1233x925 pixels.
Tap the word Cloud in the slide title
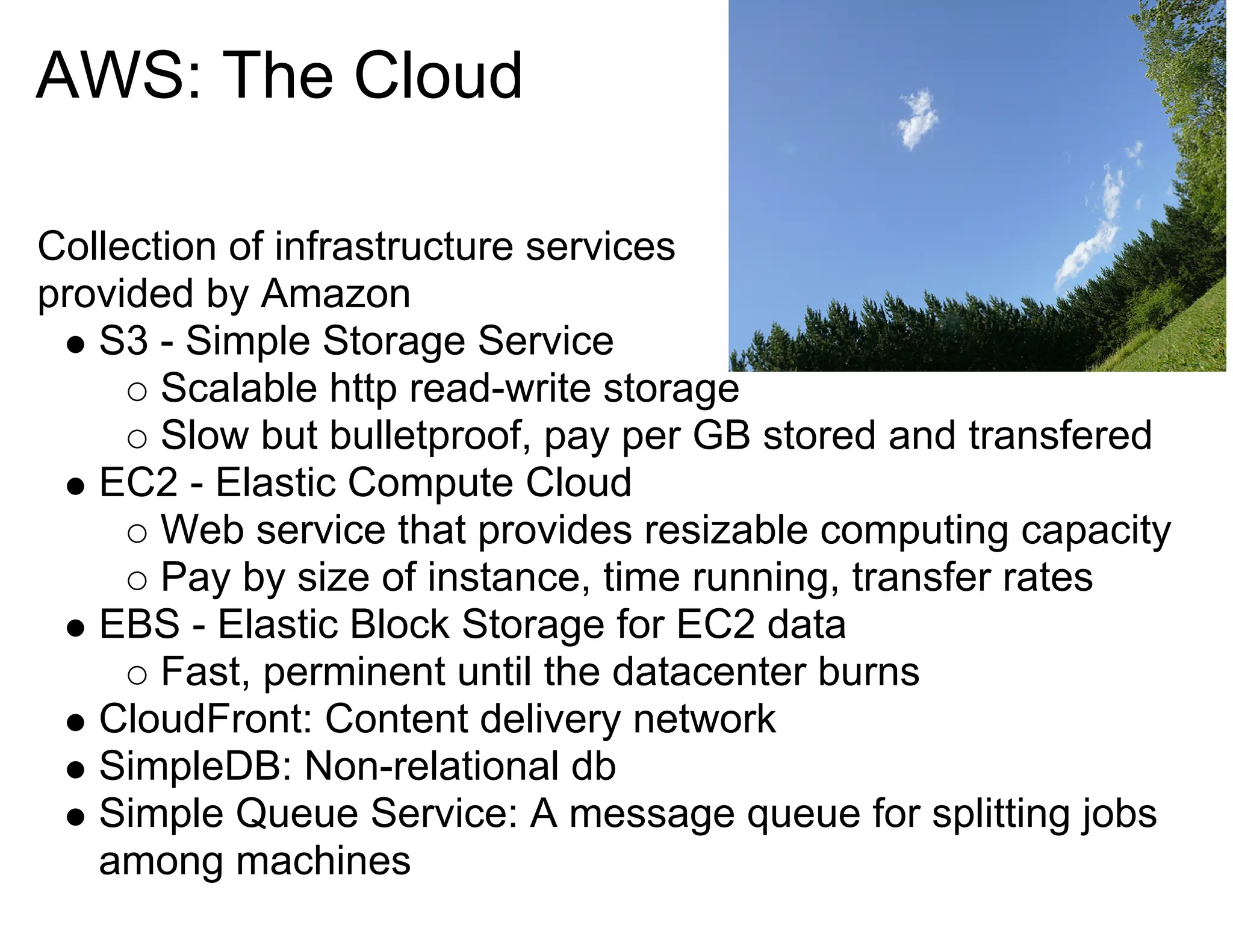[438, 76]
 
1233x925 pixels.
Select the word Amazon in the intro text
[335, 294]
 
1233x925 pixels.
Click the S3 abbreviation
[123, 341]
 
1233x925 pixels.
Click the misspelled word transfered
[1060, 436]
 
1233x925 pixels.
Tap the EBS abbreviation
[140, 624]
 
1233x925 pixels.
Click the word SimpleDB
[190, 767]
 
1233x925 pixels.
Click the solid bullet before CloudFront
[76, 721]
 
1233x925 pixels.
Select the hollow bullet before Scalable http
[137, 392]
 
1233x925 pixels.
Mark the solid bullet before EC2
[76, 485]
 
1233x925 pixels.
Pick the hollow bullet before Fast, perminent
[137, 675]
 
